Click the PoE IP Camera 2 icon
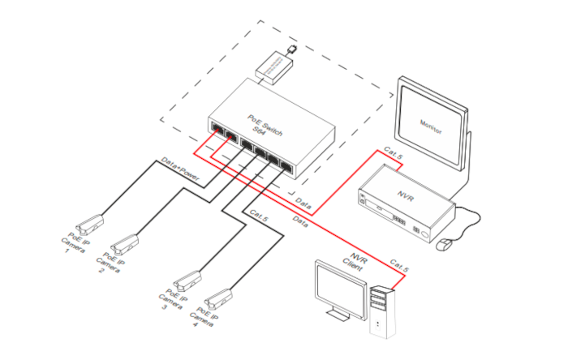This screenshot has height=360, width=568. tap(126, 242)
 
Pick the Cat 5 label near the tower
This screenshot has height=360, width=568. tap(400, 265)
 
